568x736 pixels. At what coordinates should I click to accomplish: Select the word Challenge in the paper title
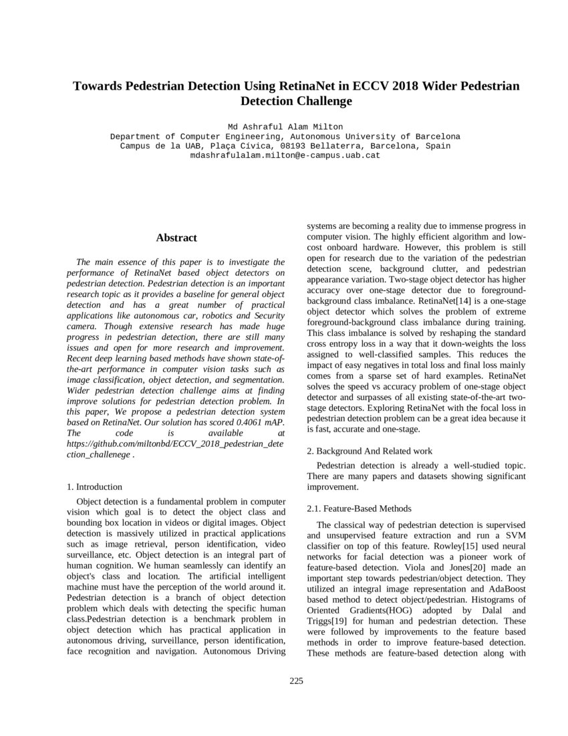pyautogui.click(x=319, y=102)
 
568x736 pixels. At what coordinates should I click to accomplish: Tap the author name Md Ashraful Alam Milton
pyautogui.click(x=285, y=126)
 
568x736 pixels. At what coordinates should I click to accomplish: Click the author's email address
pyautogui.click(x=285, y=155)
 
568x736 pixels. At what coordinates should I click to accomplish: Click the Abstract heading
pyautogui.click(x=176, y=238)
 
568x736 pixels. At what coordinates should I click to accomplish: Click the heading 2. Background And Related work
pyautogui.click(x=369, y=451)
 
